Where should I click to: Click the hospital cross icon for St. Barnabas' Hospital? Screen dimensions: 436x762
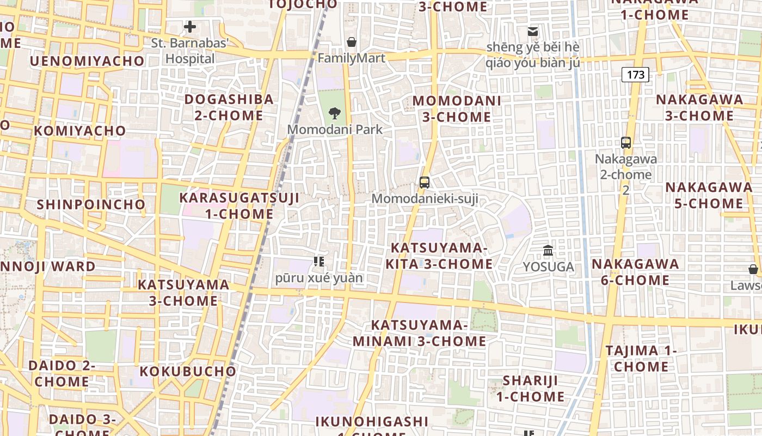(190, 26)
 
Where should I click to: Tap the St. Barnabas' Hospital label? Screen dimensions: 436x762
(190, 51)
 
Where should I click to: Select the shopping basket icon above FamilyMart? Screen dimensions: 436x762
(352, 42)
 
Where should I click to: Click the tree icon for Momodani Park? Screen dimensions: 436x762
(335, 113)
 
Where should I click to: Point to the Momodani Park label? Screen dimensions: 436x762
(335, 130)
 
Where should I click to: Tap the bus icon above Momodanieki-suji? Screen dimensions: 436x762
(425, 183)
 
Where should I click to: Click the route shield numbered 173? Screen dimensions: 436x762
(635, 74)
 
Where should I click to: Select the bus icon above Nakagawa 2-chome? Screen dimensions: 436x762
(626, 143)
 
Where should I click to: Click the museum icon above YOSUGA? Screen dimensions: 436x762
(548, 251)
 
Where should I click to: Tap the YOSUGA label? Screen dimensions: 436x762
(548, 267)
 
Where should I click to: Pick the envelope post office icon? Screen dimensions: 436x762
(532, 32)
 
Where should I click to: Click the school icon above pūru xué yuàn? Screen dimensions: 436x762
(319, 262)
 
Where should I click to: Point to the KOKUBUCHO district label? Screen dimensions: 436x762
(188, 372)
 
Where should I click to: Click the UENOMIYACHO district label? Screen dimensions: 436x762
(87, 61)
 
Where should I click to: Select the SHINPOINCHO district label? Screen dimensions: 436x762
(91, 205)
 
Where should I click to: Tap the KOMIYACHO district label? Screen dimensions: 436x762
(79, 131)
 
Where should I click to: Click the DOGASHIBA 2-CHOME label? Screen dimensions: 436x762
(229, 107)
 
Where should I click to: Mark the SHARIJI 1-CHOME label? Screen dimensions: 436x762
(530, 388)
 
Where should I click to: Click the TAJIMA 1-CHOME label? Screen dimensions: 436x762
(641, 359)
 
